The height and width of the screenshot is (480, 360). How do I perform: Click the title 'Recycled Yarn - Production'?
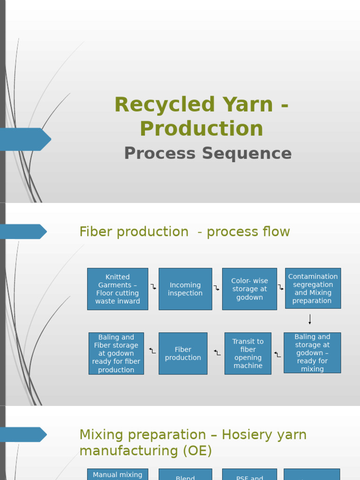pos(201,116)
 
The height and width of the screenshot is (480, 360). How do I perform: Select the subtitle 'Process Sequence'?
pos(208,153)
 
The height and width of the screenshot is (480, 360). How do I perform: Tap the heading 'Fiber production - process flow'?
pos(184,232)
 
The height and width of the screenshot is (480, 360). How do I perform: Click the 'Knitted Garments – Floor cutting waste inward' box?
pos(118,289)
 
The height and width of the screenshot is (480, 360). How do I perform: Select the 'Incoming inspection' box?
pos(185,289)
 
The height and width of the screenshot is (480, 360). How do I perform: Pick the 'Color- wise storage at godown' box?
pos(249,289)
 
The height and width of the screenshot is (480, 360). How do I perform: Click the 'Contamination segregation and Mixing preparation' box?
pos(313,288)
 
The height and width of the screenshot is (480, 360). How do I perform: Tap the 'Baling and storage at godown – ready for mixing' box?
pos(312,352)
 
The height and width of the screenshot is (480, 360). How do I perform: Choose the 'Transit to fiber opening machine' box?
pos(248,353)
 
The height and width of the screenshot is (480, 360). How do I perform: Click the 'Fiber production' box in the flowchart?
pos(183,353)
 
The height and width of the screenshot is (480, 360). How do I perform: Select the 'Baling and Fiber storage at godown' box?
pos(116,353)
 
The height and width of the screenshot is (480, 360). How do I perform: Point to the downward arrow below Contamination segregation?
pos(310,320)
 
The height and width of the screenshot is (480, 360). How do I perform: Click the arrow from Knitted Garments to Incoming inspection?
pos(153,286)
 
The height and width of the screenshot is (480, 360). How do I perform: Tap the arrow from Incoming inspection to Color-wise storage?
pos(217,288)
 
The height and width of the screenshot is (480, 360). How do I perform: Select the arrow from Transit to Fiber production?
pos(217,352)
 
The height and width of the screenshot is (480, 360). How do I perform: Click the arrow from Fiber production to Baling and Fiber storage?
pos(152,350)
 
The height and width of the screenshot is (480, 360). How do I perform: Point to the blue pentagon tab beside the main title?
pos(26,139)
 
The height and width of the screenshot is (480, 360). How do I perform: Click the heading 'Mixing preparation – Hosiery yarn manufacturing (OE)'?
pos(193,442)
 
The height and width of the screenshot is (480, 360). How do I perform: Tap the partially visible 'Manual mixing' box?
pos(118,474)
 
